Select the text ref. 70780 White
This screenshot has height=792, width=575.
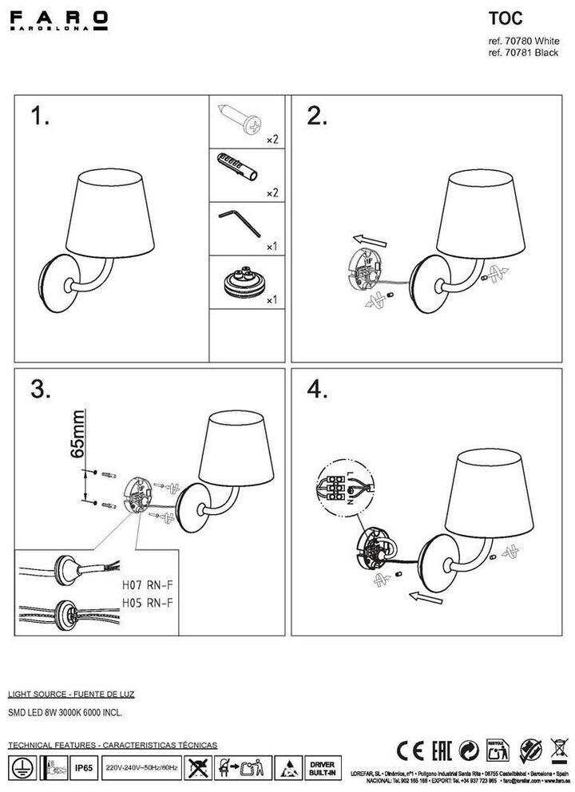pos(522,40)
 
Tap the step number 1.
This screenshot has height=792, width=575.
pos(39,117)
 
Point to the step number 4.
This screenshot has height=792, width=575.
pos(318,389)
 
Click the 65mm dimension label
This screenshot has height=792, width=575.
pos(78,436)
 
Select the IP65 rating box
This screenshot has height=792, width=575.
pos(82,768)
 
